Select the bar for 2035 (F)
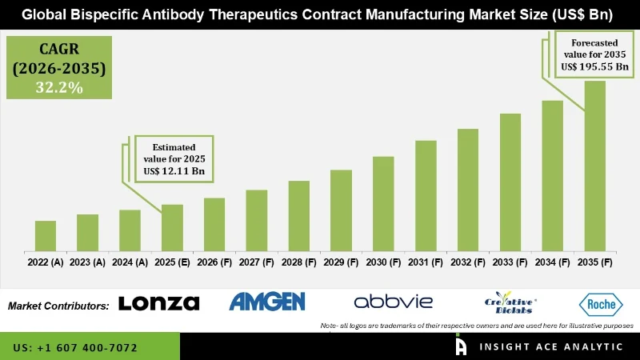click(x=595, y=165)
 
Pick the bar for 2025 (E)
click(x=172, y=227)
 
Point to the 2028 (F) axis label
click(x=298, y=262)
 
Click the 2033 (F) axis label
click(x=510, y=262)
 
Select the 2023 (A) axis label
click(x=87, y=262)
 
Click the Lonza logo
click(x=158, y=302)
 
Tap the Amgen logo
click(x=267, y=302)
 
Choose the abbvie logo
click(x=393, y=302)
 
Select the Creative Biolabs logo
click(x=510, y=302)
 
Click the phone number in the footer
click(x=75, y=348)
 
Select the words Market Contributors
click(x=58, y=306)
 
